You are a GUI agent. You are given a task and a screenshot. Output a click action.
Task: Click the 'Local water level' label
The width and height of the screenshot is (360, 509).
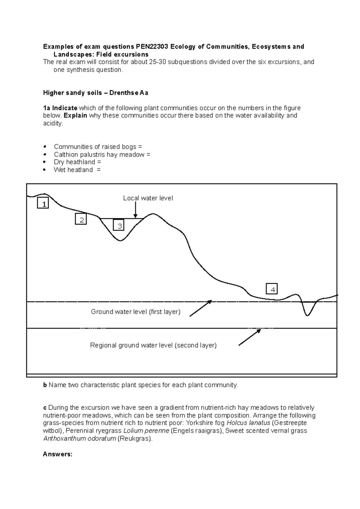148,198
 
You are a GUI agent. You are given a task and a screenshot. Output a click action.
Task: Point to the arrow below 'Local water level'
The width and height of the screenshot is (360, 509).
136,210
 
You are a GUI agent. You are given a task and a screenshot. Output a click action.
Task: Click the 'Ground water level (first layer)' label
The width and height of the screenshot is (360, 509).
136,312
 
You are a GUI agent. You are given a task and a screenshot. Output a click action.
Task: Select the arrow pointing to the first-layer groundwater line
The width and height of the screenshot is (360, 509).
200,308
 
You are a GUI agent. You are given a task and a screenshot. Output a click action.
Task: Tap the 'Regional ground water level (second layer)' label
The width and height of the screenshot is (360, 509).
153,345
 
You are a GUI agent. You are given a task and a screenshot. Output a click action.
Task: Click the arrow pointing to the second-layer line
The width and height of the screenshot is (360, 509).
250,337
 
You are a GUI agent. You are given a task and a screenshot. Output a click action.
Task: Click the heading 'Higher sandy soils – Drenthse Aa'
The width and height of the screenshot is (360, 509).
95,93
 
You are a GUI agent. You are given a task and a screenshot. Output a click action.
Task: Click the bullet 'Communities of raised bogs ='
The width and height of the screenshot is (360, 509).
98,147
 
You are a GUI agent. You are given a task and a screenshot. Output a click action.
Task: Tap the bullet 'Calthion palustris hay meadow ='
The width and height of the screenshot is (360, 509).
102,155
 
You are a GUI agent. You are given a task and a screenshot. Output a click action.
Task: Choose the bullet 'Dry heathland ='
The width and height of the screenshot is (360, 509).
77,162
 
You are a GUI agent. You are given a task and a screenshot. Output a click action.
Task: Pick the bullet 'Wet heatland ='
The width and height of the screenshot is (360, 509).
77,170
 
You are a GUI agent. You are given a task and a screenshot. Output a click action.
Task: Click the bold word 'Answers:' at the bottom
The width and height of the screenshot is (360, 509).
58,454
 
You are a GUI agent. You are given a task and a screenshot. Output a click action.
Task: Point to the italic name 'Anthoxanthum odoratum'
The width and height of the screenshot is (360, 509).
79,439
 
